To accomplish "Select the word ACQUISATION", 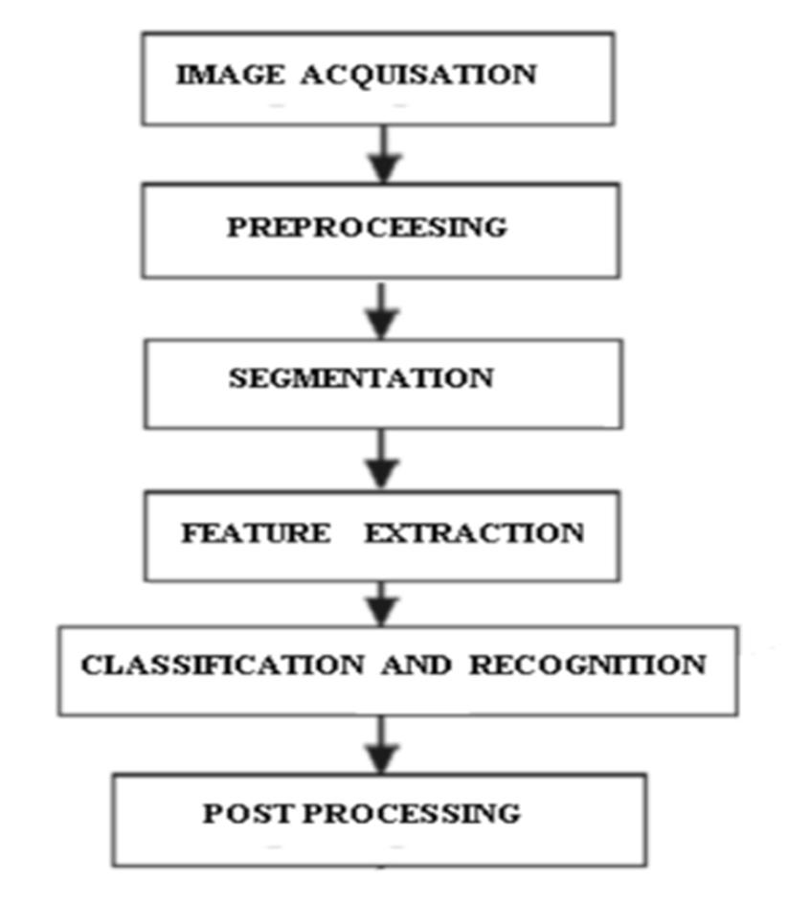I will (x=419, y=76).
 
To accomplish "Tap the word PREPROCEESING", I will (x=367, y=228).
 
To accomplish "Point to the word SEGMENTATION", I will (x=361, y=378).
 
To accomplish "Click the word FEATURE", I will (x=256, y=533).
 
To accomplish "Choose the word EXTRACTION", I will (x=474, y=533).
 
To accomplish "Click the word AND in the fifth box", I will (x=417, y=665).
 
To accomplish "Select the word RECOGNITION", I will (x=587, y=665).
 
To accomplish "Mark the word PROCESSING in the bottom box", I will (x=414, y=814).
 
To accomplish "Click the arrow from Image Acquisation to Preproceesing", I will (x=383, y=153).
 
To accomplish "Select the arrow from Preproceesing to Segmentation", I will (x=383, y=308).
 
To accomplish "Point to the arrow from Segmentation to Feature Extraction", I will (x=383, y=459).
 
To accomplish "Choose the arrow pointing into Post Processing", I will (x=383, y=744).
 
